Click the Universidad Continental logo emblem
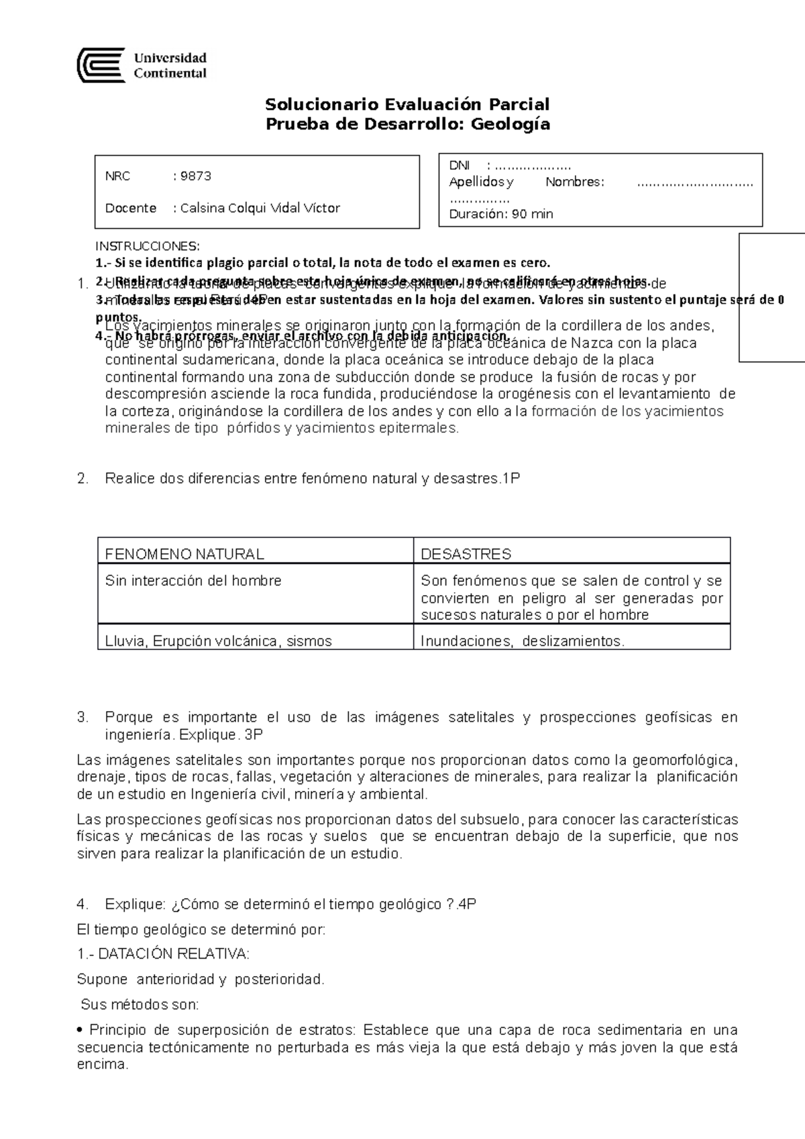click(101, 65)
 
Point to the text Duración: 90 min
click(501, 214)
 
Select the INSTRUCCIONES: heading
click(147, 246)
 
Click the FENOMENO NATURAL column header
click(184, 554)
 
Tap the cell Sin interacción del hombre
click(193, 580)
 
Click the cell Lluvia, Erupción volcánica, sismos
click(218, 641)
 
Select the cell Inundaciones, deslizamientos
click(522, 641)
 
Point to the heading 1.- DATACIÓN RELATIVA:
click(163, 953)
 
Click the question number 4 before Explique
click(82, 904)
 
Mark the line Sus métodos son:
click(140, 1005)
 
